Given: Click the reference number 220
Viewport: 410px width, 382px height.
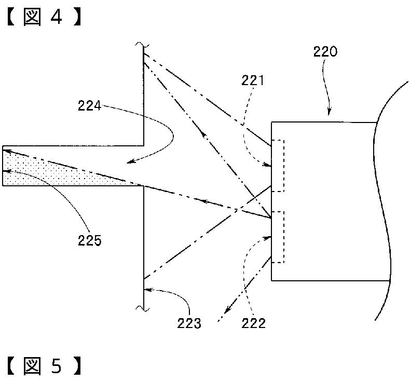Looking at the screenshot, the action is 325,51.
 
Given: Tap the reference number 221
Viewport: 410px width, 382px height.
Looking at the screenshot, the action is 253,80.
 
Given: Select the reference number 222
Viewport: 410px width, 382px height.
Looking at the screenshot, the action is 253,323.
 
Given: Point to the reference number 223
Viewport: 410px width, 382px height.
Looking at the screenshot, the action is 189,323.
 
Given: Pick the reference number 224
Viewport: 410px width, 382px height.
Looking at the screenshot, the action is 89,106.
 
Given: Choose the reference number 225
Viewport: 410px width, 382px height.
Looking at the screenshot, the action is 89,240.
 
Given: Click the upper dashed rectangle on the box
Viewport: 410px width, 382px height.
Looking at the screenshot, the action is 278,166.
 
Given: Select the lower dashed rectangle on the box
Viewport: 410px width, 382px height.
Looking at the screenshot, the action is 278,237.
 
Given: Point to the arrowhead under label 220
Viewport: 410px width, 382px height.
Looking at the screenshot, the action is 329,113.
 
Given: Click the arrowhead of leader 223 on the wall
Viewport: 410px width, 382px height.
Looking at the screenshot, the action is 148,290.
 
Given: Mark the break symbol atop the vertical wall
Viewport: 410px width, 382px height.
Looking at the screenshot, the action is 142,45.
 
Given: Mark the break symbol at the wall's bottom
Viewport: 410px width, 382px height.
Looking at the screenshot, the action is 143,308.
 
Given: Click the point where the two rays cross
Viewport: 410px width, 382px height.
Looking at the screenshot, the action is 236,209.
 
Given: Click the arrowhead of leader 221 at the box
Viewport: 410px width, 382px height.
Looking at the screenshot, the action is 268,165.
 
